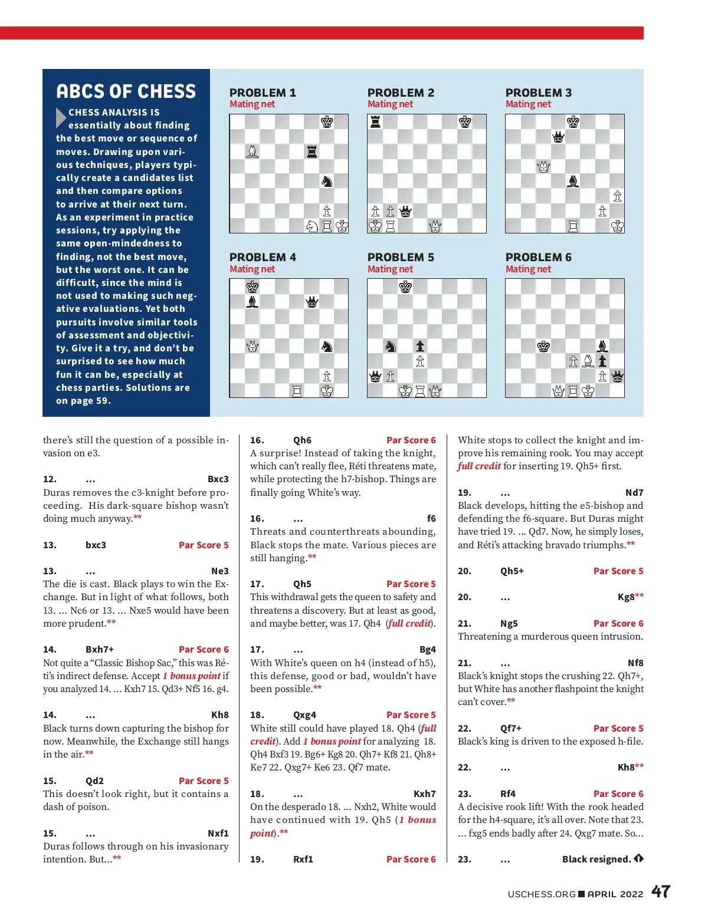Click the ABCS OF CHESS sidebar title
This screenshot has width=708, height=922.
pos(126,91)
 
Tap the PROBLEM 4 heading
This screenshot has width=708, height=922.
pos(263,257)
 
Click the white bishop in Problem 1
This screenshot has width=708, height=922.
pos(253,152)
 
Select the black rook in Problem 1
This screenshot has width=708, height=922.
pos(312,152)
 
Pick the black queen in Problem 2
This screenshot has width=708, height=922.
pos(405,211)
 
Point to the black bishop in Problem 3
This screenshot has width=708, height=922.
pos(572,181)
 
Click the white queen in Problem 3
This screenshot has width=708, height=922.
pos(543,167)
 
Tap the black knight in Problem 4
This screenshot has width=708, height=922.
pos(327,346)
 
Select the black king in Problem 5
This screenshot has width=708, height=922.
pos(405,287)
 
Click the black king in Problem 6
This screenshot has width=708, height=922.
pos(543,346)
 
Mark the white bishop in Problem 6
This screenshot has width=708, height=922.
pos(588,361)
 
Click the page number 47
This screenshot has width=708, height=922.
pos(661,891)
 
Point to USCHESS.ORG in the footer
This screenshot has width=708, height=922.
pos(541,894)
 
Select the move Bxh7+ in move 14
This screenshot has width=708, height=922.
pos(100,649)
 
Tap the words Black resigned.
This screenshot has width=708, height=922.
pos(596,859)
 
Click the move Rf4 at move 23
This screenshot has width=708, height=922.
pos(508,793)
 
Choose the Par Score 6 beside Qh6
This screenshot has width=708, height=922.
pos(411,440)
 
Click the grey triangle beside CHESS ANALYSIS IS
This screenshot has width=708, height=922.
pos(61,117)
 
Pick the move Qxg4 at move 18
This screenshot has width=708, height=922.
pos(304,714)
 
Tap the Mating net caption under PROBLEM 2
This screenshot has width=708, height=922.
pos(390,104)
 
